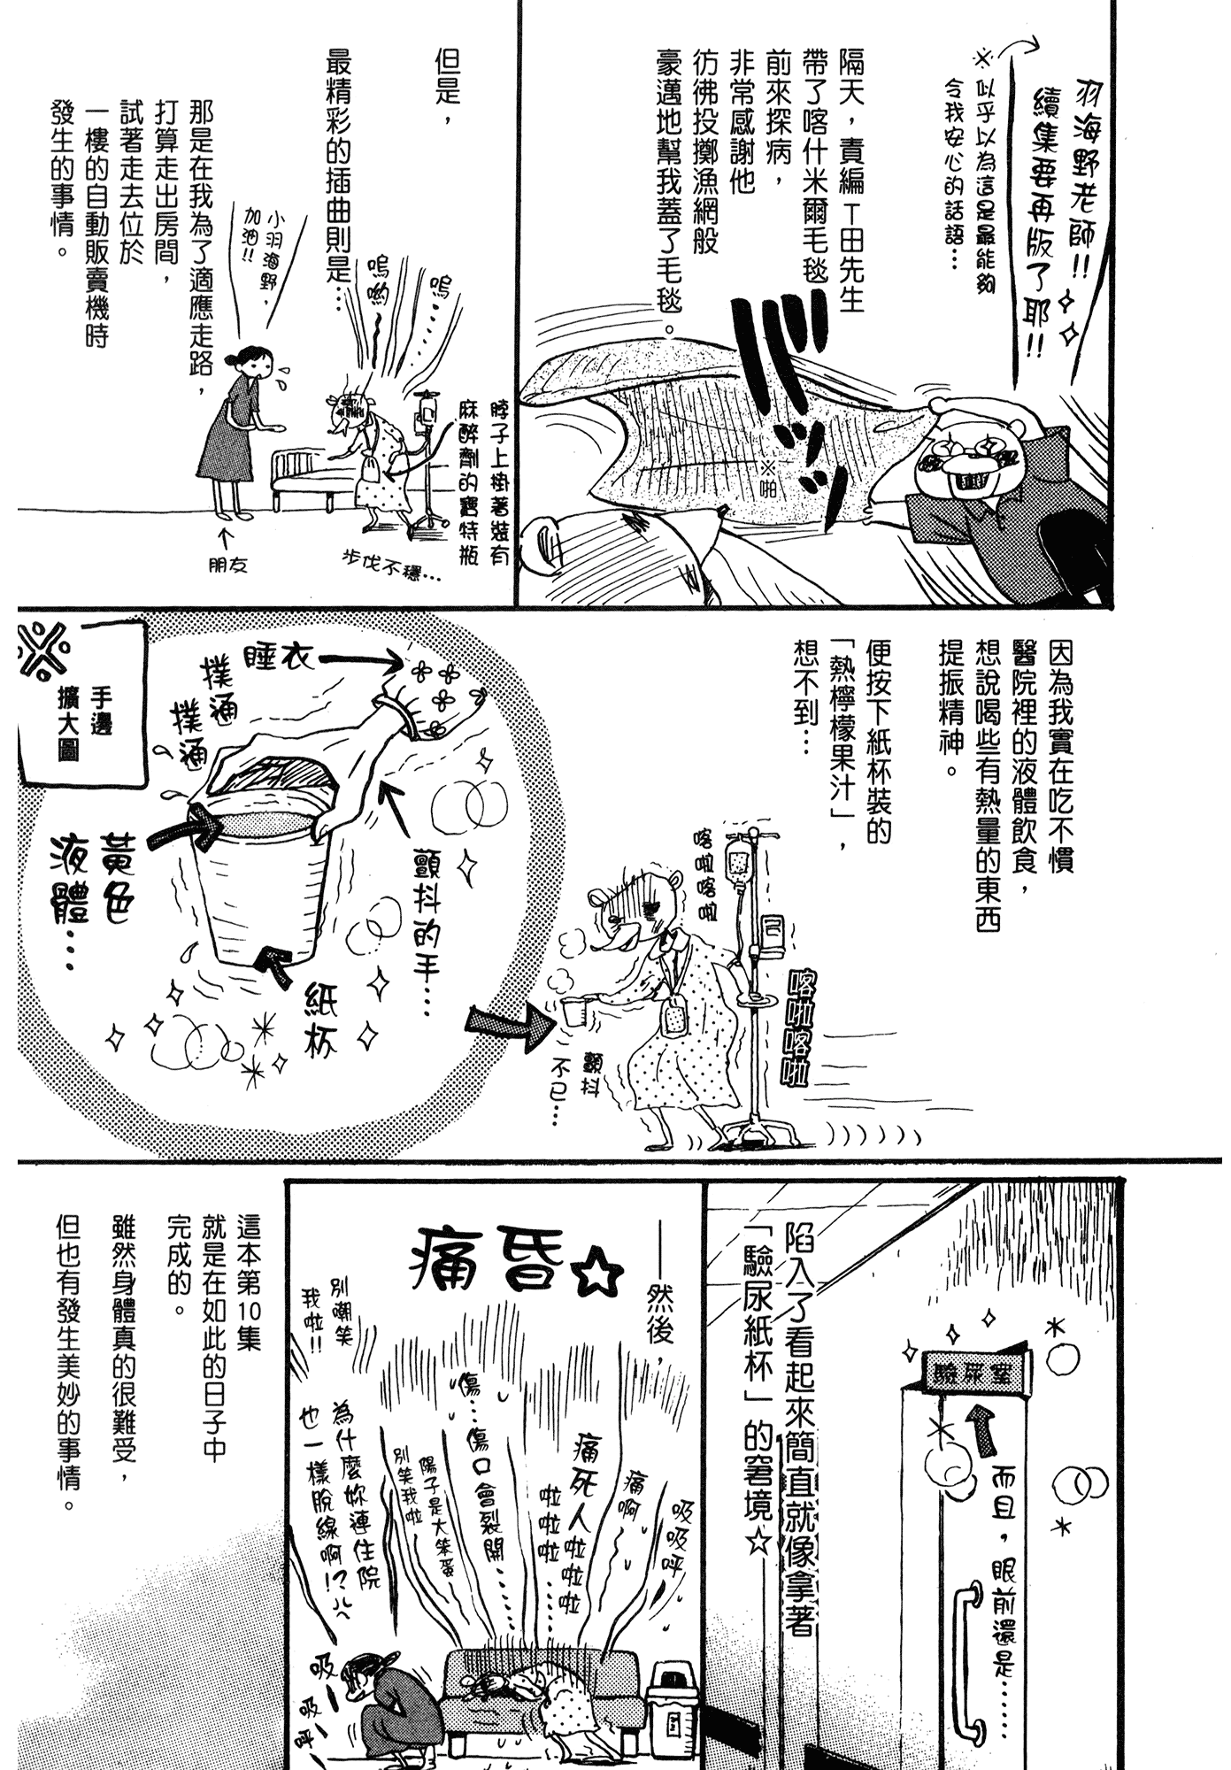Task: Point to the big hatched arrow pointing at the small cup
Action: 505,1027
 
